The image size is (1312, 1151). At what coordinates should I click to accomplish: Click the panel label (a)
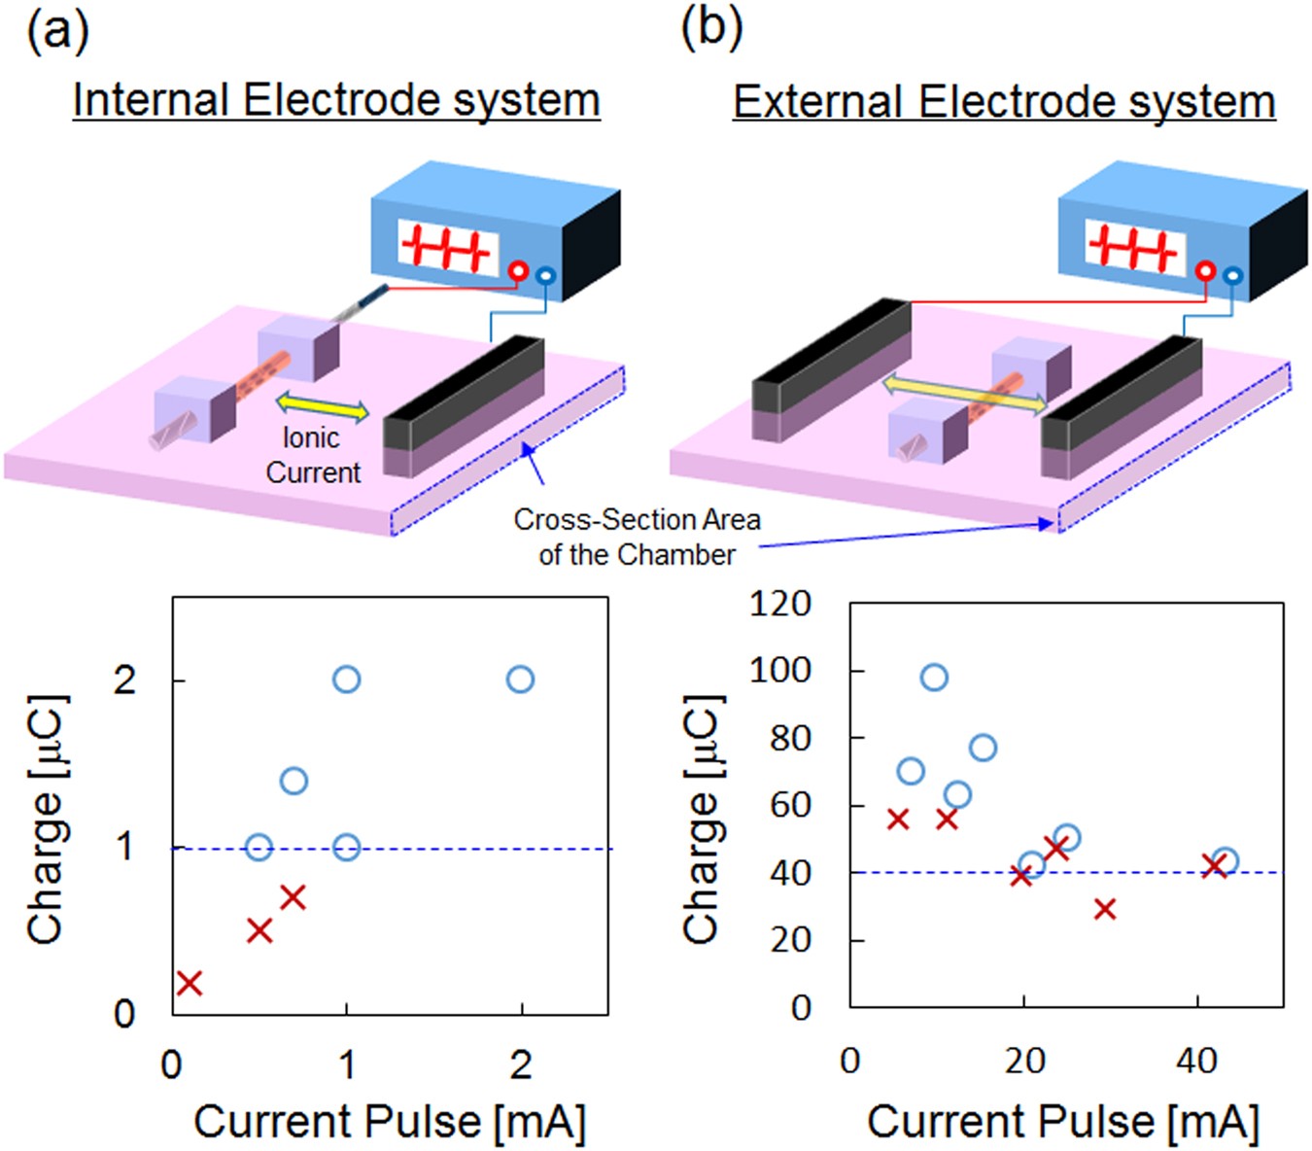(57, 31)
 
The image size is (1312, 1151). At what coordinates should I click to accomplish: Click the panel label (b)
(711, 28)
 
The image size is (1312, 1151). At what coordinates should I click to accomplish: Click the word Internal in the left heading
(151, 100)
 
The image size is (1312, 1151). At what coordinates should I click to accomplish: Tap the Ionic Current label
(312, 455)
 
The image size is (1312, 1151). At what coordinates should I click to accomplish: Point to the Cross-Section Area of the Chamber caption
(637, 537)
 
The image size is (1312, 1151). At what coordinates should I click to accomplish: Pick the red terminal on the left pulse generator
(518, 271)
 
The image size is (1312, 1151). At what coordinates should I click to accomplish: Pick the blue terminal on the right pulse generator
(1232, 276)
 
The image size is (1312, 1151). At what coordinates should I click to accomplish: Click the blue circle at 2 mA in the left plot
(520, 680)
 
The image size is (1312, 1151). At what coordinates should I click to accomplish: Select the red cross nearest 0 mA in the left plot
(190, 983)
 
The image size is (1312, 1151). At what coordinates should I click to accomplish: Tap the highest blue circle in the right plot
(934, 678)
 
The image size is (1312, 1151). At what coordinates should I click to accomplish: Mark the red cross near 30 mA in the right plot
(1104, 909)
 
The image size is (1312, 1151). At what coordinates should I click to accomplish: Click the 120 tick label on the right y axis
(780, 604)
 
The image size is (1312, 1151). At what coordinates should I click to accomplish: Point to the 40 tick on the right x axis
(1196, 1061)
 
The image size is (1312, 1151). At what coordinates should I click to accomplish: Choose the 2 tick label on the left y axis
(124, 680)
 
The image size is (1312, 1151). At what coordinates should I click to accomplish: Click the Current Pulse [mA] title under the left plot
(390, 1121)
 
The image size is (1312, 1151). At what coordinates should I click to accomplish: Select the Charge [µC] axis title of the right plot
(702, 819)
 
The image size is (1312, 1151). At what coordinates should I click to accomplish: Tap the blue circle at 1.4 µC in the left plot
(293, 781)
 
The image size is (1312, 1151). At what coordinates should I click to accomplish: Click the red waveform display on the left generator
(447, 247)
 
